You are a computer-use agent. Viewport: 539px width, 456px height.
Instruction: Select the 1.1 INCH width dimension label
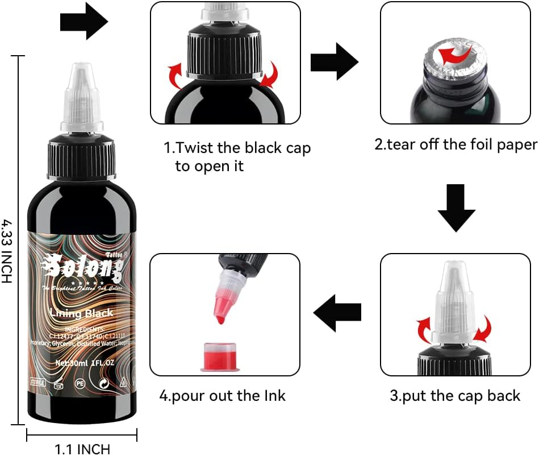click(82, 449)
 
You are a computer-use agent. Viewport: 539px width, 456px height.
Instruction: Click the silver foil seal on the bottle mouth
click(454, 60)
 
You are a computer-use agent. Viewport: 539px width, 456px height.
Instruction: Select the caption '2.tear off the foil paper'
click(455, 144)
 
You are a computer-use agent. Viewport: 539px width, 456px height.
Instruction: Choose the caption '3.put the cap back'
click(454, 395)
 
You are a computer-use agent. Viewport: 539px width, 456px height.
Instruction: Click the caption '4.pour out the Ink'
click(223, 395)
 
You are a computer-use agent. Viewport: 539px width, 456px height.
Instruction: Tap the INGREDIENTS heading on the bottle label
click(83, 329)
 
